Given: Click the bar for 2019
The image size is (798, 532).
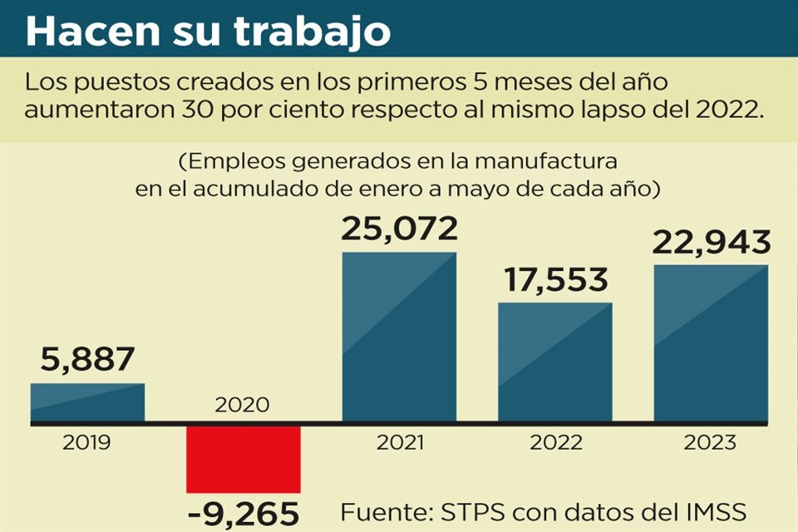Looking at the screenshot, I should [87, 402].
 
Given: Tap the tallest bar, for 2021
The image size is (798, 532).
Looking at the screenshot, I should [399, 337].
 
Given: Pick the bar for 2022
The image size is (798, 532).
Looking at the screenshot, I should [554, 362].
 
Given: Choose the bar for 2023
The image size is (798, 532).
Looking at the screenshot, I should [711, 343].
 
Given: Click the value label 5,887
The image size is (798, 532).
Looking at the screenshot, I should [86, 360].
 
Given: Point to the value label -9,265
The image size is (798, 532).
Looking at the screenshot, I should [243, 514].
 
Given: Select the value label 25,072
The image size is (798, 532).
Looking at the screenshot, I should [399, 229].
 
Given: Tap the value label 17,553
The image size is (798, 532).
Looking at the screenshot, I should [554, 279].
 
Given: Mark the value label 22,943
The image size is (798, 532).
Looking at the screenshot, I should [711, 242].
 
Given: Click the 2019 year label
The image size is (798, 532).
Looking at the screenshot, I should [87, 443].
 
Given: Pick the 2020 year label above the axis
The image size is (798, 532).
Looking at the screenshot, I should [242, 406].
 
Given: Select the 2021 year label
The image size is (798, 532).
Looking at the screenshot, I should [399, 443].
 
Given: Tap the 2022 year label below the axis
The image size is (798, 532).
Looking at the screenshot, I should [554, 443].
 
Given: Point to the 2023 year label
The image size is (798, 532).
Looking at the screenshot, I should [711, 443].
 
